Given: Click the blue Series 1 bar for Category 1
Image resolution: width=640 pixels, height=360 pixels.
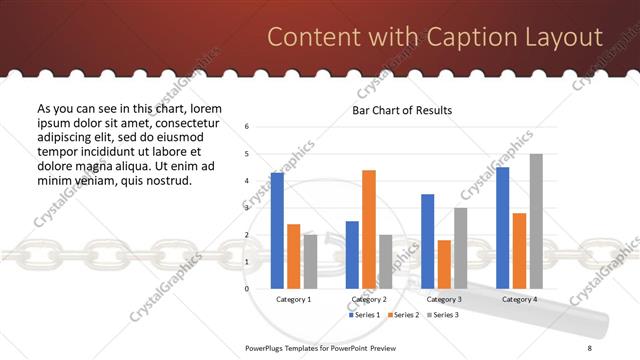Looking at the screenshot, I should click(277, 231).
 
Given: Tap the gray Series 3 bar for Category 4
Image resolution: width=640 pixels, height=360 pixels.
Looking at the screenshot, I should click(536, 221).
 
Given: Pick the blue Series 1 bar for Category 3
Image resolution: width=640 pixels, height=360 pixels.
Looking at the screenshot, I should click(428, 241).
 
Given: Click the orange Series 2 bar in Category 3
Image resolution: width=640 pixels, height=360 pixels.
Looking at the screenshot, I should click(444, 264).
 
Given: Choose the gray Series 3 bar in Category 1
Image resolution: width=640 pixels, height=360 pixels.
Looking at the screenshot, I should click(310, 261).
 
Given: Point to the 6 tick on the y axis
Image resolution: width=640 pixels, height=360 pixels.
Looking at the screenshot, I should click(247, 127).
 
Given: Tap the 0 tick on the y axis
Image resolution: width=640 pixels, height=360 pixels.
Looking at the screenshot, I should click(247, 289).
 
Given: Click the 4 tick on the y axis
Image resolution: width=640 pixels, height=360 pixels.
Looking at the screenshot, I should click(247, 181).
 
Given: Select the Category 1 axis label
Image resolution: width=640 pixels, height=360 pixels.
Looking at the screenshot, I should click(293, 299).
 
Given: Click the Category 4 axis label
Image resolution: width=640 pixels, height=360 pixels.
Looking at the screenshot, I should click(519, 299).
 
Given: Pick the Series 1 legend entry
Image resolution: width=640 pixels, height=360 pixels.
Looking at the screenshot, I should click(364, 315).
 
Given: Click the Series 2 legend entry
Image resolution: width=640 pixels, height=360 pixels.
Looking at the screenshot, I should click(404, 315).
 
